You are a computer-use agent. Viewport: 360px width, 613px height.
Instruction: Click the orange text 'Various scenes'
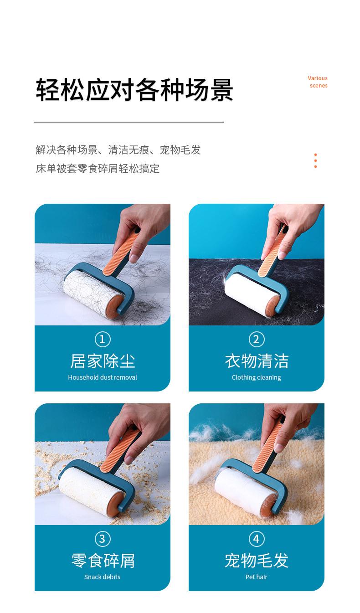[x=318, y=82]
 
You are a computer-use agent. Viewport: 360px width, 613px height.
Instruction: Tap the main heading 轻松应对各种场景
[x=134, y=90]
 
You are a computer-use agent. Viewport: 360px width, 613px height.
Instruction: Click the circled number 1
[x=103, y=339]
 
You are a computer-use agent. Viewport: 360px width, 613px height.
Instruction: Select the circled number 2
[x=257, y=339]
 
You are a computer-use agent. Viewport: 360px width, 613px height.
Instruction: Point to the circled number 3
[x=103, y=539]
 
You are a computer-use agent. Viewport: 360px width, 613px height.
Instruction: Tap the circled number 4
[x=257, y=539]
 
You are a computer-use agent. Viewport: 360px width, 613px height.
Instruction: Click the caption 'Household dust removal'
[x=103, y=377]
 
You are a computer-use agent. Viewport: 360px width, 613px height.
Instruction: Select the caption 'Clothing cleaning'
[x=256, y=378]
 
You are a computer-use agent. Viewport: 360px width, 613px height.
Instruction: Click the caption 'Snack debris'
[x=103, y=577]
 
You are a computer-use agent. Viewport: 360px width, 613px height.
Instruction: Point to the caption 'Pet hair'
[x=256, y=577]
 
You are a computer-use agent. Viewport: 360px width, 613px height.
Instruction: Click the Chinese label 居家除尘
[x=103, y=361]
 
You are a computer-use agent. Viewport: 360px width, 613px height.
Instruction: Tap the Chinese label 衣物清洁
[x=257, y=361]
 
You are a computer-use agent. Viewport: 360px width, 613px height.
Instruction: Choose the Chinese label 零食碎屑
[x=103, y=561]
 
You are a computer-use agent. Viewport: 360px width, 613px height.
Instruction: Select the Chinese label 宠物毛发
[x=257, y=561]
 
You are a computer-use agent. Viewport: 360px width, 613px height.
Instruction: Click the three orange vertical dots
[x=315, y=160]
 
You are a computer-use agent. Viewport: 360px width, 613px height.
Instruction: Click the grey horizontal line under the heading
[x=129, y=122]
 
